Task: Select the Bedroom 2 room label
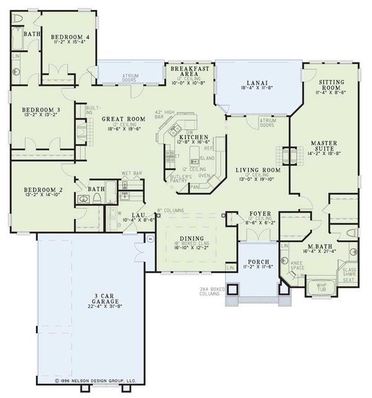(39, 189)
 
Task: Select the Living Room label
(257, 169)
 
